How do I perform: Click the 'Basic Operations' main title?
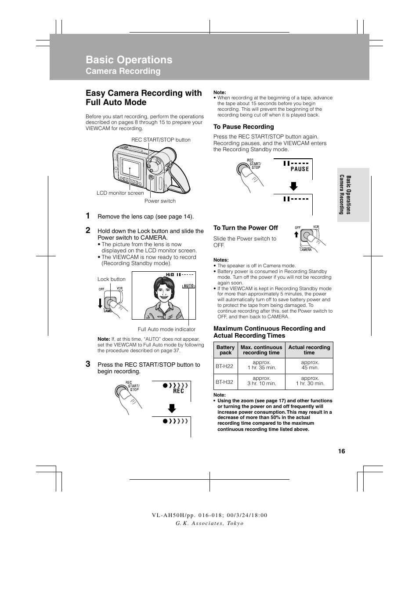pos(129,60)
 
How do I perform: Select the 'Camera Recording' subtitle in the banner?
pos(123,71)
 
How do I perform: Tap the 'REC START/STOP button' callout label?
pos(161,140)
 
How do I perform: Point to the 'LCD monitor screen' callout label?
pos(120,193)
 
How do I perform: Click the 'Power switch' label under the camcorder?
pos(160,201)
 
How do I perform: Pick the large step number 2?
pos(88,230)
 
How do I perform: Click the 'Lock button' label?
pos(111,279)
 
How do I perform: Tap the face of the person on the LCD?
pos(163,292)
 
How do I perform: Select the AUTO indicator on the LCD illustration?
pos(188,286)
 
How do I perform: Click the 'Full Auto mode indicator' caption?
pos(166,329)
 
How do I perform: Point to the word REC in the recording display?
pos(178,391)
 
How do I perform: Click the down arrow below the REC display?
pos(172,408)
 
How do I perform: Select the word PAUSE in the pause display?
pos(300,169)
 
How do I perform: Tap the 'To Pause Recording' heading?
pos(243,127)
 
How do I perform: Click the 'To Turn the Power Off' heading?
pos(246,228)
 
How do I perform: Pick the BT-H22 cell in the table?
pos(224,366)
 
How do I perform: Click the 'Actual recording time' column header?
pos(309,350)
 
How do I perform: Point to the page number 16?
pos(341,451)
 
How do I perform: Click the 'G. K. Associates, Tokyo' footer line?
pos(209,523)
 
